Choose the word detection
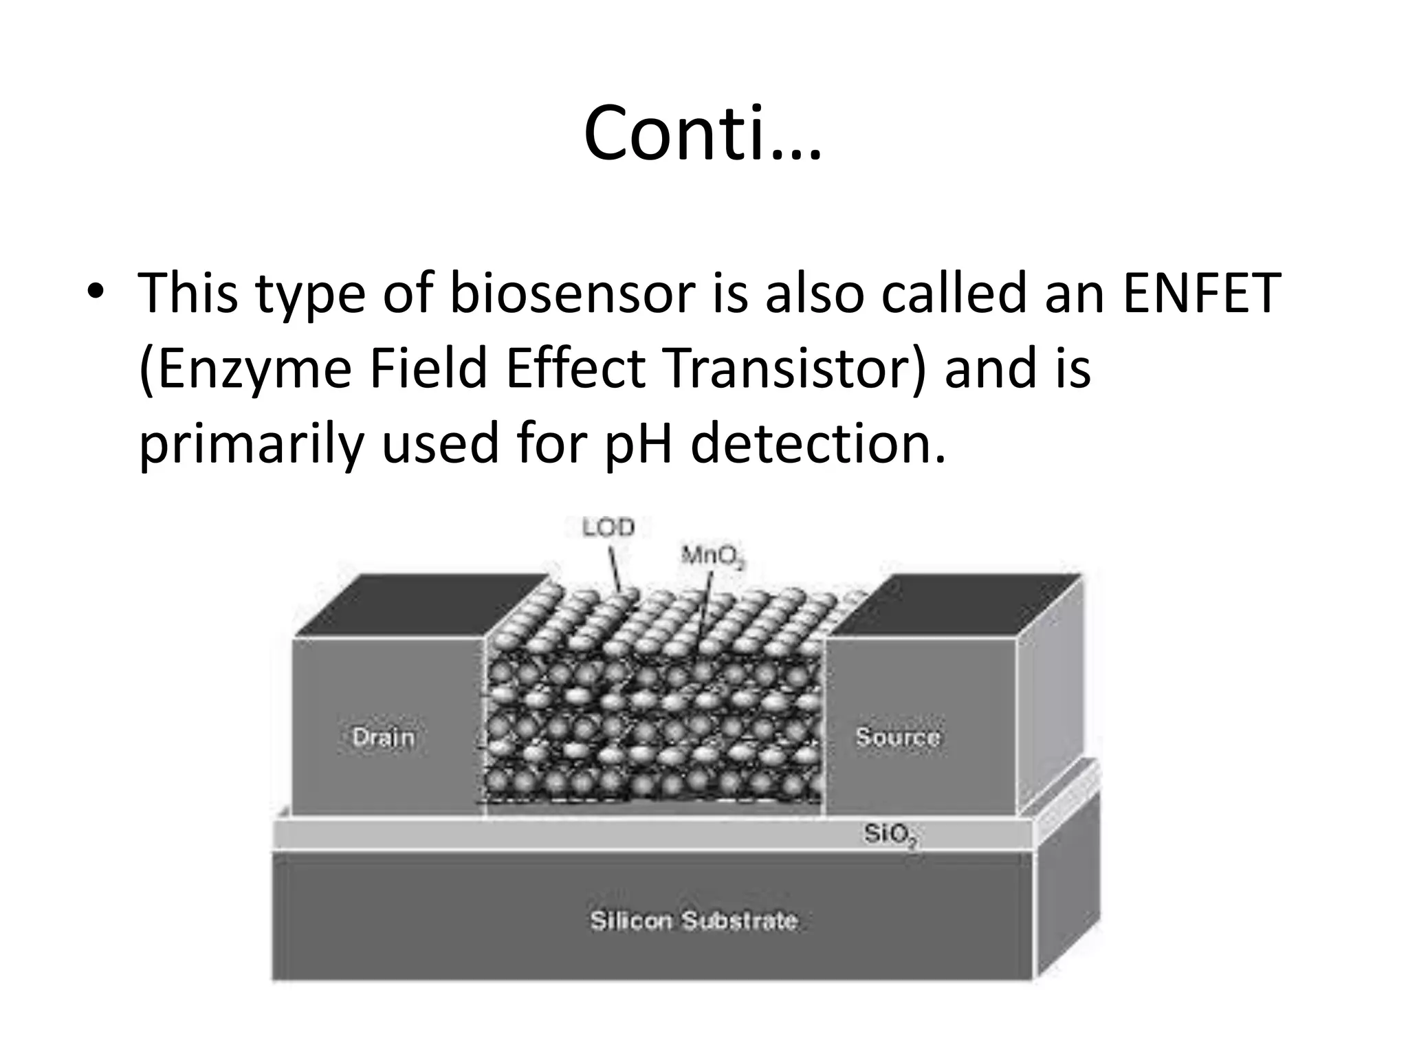click(x=818, y=443)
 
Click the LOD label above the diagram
click(x=608, y=528)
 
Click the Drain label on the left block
click(x=383, y=737)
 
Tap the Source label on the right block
click(x=897, y=737)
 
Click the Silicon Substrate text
click(x=693, y=921)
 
